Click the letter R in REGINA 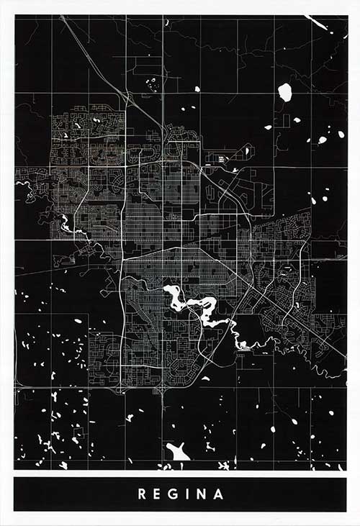[142, 494]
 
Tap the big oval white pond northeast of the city [285, 92]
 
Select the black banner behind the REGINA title [72, 494]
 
